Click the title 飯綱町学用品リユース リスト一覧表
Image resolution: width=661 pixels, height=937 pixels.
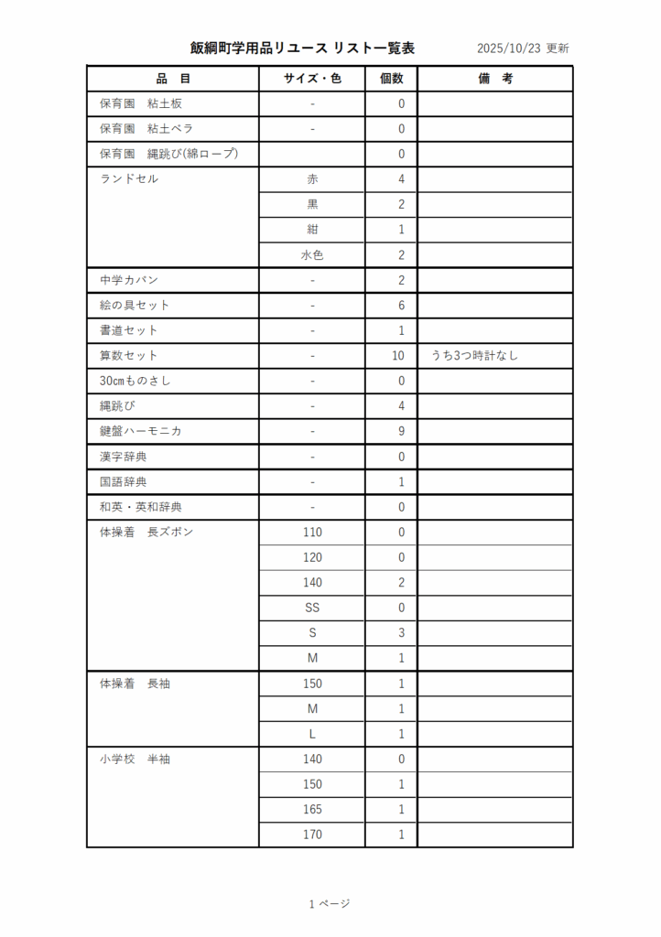tap(302, 48)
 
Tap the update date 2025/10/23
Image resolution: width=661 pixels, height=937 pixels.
tap(509, 48)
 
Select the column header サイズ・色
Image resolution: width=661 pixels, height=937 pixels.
tap(312, 79)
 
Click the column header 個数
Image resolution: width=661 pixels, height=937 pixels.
tap(391, 79)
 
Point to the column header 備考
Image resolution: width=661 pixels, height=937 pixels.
tap(495, 79)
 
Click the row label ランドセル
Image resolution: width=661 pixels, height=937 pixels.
tap(129, 179)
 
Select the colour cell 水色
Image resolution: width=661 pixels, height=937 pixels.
tap(312, 255)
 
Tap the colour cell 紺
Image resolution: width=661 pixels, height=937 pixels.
tap(312, 230)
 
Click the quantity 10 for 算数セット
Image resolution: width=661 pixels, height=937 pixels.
tap(398, 356)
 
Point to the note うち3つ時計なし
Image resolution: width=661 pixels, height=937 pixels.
tap(474, 356)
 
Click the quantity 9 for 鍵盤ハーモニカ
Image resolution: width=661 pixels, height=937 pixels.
tap(401, 431)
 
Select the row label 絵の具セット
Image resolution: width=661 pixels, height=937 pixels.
tap(135, 306)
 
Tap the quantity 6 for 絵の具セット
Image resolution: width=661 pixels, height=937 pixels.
tap(401, 306)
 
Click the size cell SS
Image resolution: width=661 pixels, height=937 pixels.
tap(312, 608)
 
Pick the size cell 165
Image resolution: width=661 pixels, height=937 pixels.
tap(312, 810)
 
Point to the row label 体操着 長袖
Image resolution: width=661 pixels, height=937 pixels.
tap(135, 684)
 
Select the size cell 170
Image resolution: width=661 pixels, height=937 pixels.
tap(312, 835)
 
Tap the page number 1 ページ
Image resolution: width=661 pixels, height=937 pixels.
tap(330, 904)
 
